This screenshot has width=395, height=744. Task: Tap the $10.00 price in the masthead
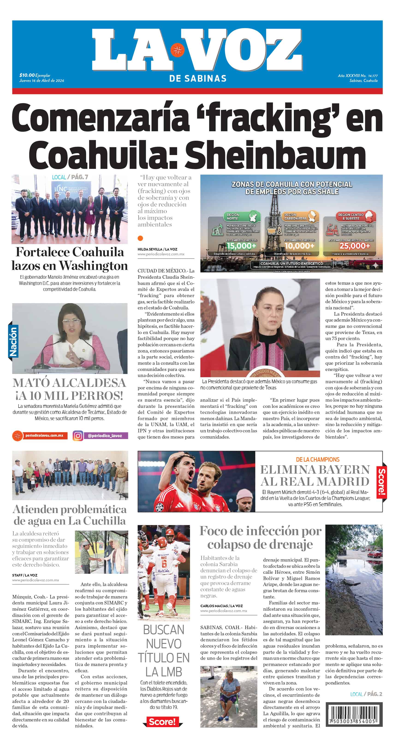click(x=27, y=75)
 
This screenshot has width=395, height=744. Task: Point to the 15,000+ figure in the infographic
click(x=241, y=246)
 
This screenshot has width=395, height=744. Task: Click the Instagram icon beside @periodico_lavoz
click(x=78, y=436)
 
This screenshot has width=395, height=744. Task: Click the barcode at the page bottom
click(x=354, y=714)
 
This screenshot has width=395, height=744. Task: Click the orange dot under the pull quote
click(x=140, y=238)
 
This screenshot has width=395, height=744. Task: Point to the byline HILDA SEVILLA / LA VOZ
click(x=157, y=249)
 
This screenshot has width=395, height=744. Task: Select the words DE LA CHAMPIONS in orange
click(x=317, y=460)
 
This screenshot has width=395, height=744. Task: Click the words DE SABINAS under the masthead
click(x=198, y=78)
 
